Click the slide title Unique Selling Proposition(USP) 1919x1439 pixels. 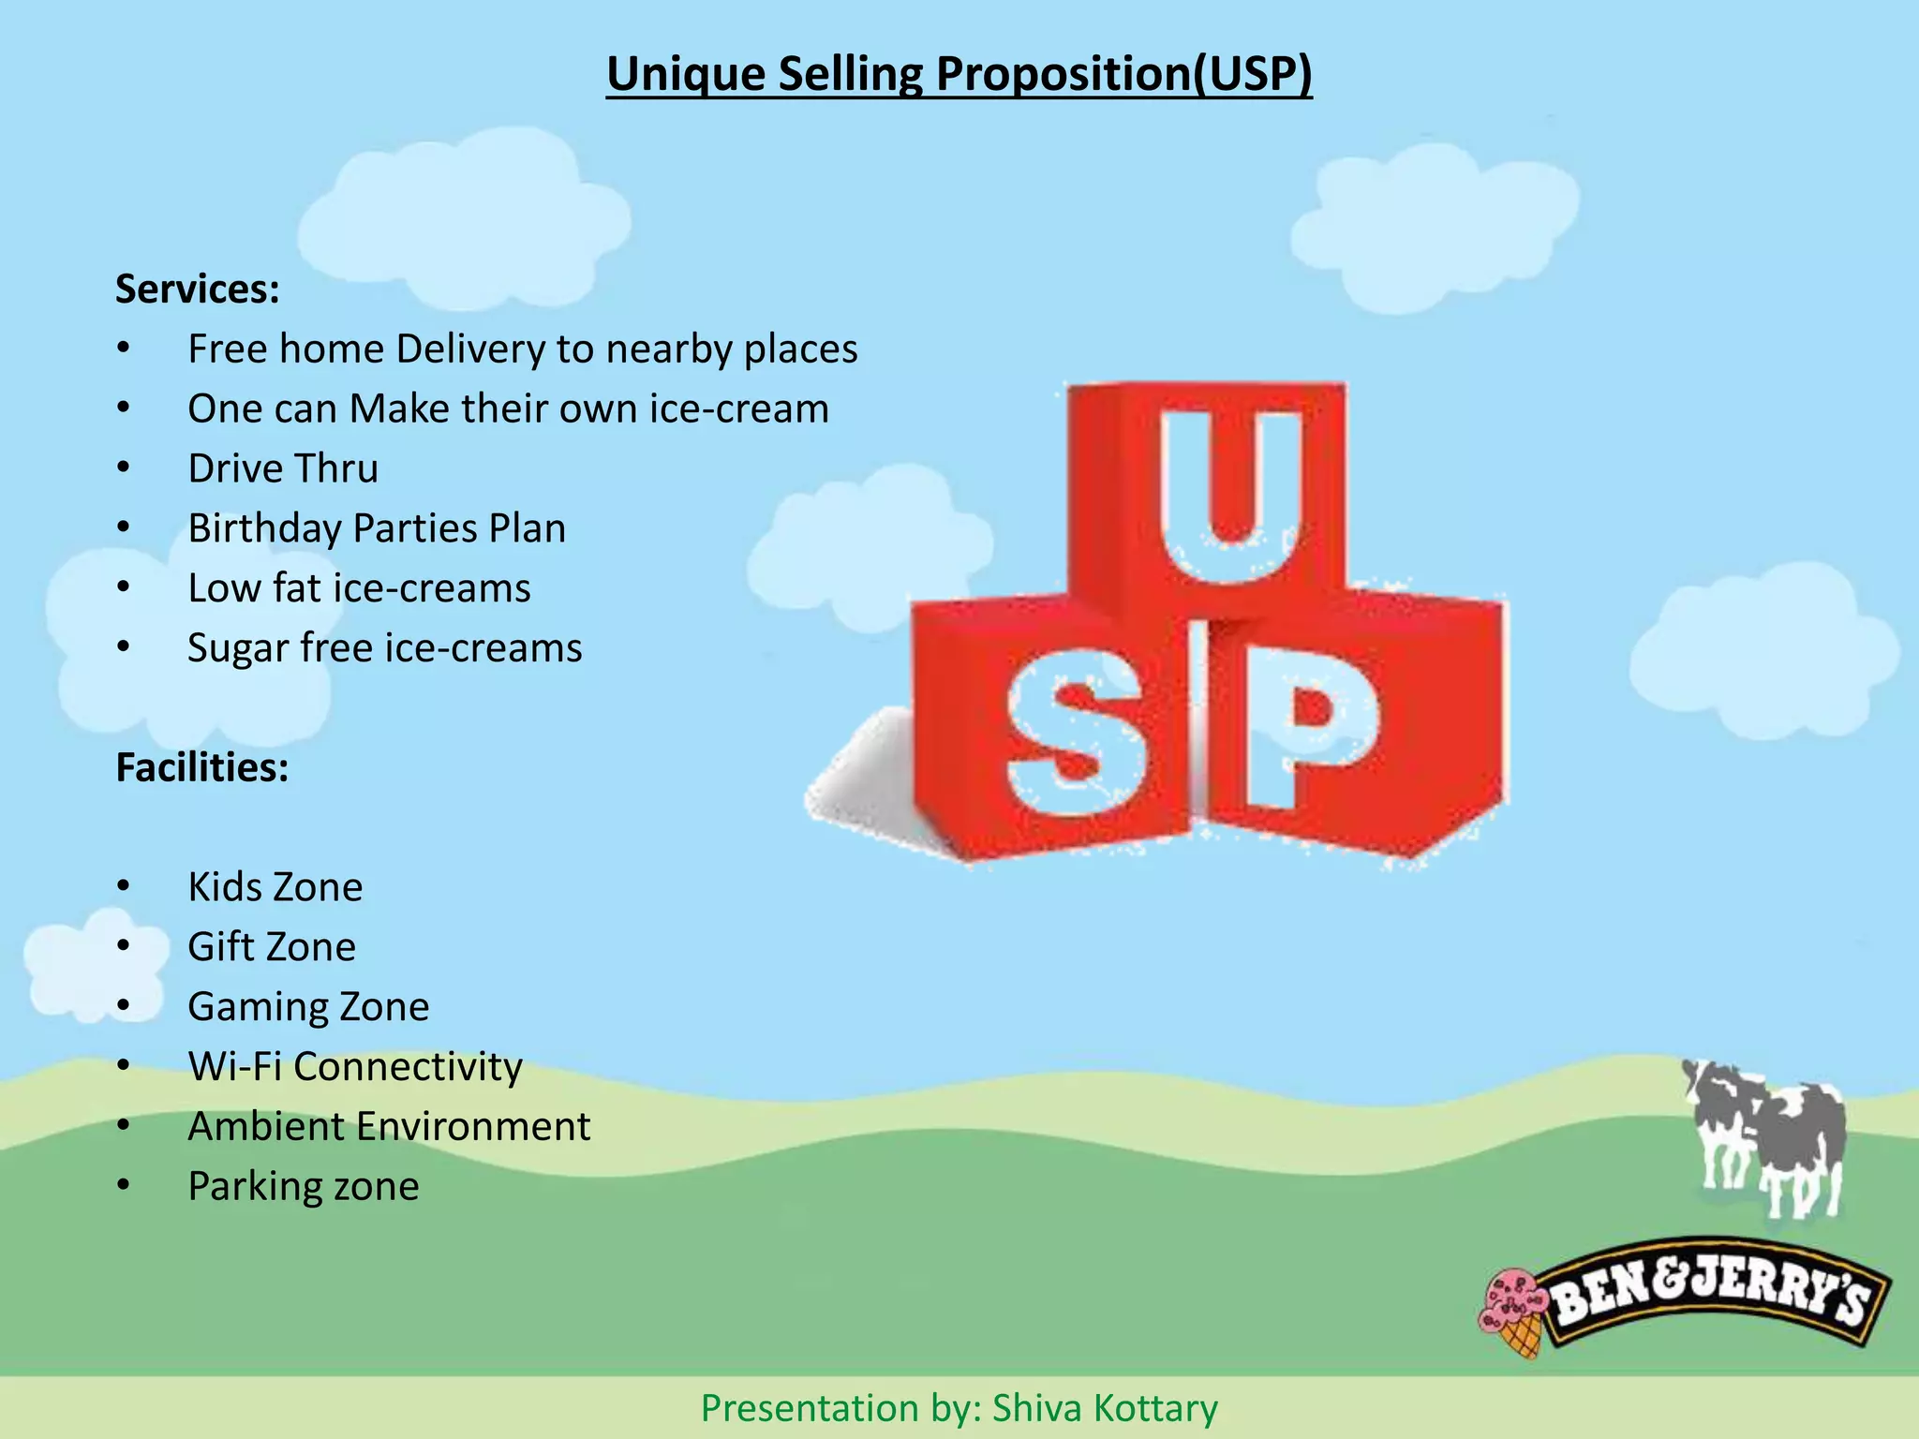(x=959, y=74)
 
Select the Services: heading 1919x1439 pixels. (x=198, y=289)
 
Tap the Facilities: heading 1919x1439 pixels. (x=202, y=767)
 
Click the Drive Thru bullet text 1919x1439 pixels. (x=283, y=468)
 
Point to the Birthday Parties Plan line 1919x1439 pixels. (x=377, y=528)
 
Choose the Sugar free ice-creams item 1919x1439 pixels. (x=384, y=648)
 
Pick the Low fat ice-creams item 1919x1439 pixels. (x=359, y=588)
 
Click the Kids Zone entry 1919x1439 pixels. (x=275, y=887)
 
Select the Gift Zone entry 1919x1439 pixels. (x=272, y=947)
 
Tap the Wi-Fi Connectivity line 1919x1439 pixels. (x=355, y=1067)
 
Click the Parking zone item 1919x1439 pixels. (x=304, y=1186)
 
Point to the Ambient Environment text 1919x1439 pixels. (x=389, y=1126)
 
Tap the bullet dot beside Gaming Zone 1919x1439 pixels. (x=124, y=1006)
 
